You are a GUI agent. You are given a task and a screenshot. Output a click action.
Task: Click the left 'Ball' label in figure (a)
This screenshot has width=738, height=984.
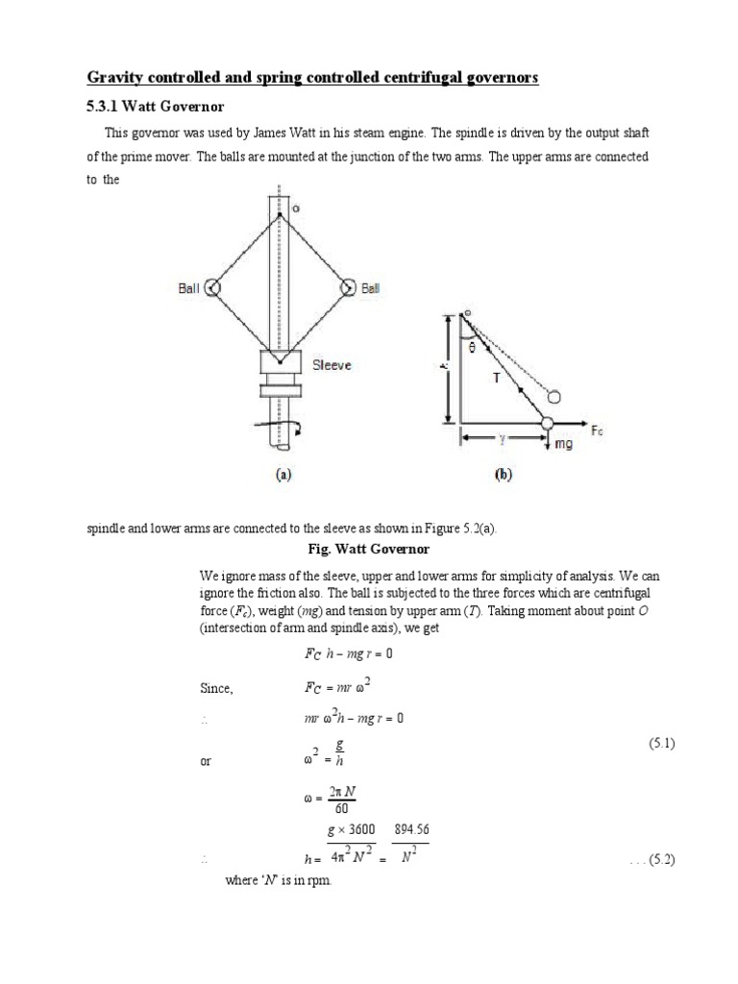pos(189,287)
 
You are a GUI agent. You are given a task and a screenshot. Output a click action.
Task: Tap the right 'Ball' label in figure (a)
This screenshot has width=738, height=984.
pos(370,287)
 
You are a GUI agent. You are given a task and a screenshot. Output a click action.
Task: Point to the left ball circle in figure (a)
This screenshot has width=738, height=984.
pos(213,286)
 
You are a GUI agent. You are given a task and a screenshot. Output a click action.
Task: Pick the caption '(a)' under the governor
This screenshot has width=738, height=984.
pos(282,474)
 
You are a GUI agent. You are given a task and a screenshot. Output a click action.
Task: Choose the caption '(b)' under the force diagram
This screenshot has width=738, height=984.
pos(503,474)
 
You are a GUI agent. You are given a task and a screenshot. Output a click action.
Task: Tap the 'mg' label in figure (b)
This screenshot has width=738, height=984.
pos(563,444)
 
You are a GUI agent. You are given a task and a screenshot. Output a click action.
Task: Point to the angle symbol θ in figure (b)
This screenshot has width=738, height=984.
pos(472,350)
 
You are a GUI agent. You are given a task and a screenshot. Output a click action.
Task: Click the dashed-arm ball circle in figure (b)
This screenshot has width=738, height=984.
pos(553,395)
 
